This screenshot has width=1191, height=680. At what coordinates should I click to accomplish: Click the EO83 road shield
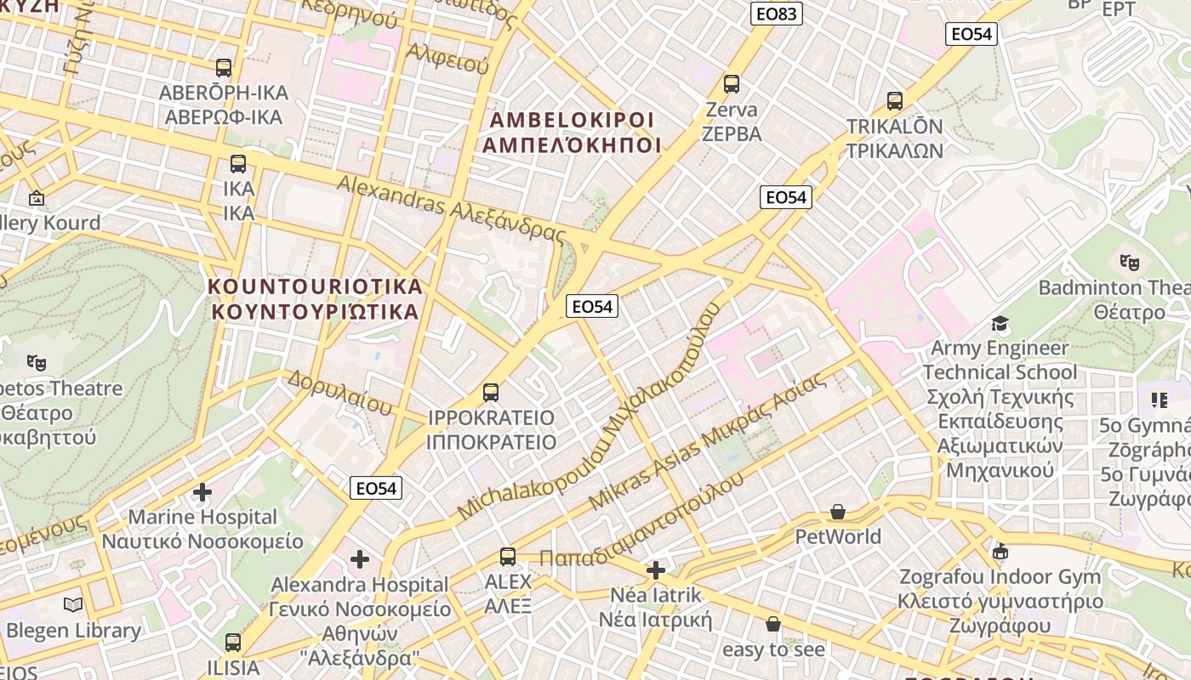click(x=777, y=13)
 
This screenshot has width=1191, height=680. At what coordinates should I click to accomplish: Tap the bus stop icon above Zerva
click(x=731, y=84)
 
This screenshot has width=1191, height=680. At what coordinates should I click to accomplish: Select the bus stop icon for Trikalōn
click(x=894, y=101)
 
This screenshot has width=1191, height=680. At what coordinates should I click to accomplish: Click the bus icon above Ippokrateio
click(x=490, y=393)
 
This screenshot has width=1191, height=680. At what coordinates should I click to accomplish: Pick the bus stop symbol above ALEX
click(x=507, y=557)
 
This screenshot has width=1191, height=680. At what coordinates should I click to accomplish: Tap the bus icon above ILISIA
click(x=232, y=643)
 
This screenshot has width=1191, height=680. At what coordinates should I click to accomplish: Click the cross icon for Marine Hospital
click(x=202, y=492)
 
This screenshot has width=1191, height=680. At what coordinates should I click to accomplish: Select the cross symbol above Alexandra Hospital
click(x=360, y=559)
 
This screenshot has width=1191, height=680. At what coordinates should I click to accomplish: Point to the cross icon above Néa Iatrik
click(x=655, y=569)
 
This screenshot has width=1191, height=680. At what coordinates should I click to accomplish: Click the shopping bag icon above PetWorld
click(x=838, y=512)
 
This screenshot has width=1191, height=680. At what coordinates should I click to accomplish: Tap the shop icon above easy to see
click(x=772, y=625)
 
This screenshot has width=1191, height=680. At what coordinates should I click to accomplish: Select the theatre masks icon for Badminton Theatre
click(x=1129, y=263)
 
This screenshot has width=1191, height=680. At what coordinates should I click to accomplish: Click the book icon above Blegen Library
click(x=73, y=605)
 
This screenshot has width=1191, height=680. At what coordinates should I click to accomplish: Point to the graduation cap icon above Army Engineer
click(x=1000, y=324)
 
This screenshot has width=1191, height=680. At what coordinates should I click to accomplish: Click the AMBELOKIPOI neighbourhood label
click(x=572, y=132)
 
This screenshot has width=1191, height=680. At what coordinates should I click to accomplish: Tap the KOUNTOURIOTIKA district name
click(x=315, y=298)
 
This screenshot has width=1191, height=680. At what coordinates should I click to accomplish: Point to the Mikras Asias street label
click(x=706, y=441)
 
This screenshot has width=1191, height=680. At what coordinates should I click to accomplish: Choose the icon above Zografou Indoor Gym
click(x=1000, y=552)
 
